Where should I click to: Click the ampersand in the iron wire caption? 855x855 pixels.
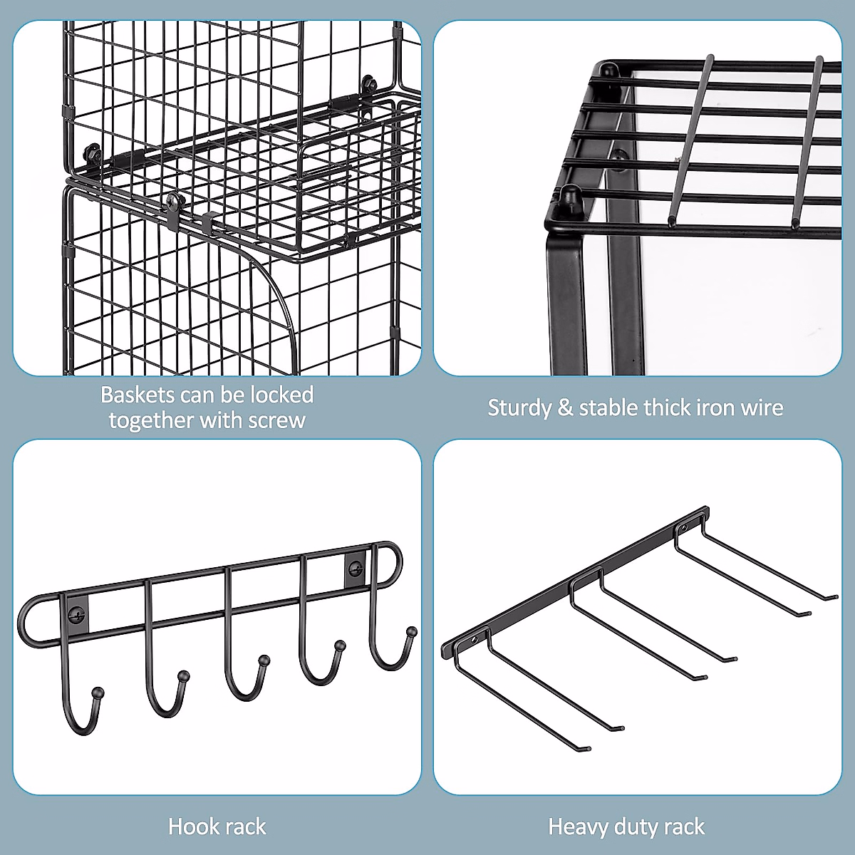pyautogui.click(x=565, y=408)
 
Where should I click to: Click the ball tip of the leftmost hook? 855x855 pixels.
pyautogui.click(x=98, y=692)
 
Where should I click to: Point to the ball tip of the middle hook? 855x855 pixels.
pyautogui.click(x=264, y=660)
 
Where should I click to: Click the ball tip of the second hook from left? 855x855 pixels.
pyautogui.click(x=184, y=675)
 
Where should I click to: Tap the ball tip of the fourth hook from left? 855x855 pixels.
pyautogui.click(x=340, y=646)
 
